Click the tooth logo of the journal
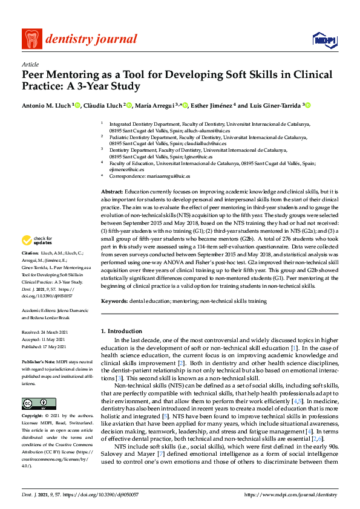(30, 39)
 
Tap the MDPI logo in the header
(324, 40)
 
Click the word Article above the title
(30, 64)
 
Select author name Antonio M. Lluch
(45, 105)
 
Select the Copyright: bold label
(34, 416)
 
